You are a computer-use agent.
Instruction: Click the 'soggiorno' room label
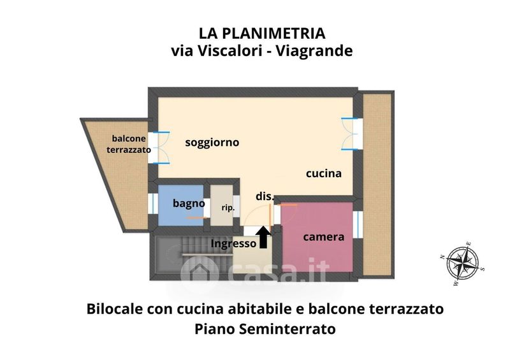[x=212, y=143]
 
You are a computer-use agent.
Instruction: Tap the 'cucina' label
[x=324, y=173]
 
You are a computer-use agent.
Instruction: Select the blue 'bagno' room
[x=181, y=205]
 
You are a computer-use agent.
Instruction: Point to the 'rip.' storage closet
[x=221, y=205]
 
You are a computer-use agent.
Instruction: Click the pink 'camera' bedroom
[x=317, y=237]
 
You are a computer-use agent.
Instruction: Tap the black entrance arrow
[x=263, y=237]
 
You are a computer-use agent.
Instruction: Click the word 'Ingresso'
[x=233, y=243]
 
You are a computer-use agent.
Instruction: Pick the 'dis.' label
[x=265, y=196]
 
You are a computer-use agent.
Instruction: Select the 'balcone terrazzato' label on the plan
[x=129, y=144]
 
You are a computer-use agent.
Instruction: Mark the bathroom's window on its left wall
[x=152, y=204]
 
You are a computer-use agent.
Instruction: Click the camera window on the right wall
[x=358, y=224]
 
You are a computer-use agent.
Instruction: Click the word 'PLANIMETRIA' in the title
[x=275, y=34]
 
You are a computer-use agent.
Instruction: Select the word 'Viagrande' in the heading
[x=314, y=51]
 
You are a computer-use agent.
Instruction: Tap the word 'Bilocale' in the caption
[x=115, y=308]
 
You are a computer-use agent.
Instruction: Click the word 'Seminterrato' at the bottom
[x=288, y=329]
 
